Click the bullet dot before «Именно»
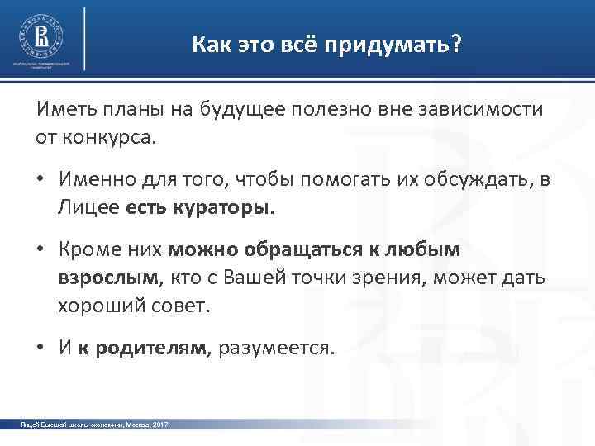click(x=40, y=178)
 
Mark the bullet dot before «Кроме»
click(x=40, y=250)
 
